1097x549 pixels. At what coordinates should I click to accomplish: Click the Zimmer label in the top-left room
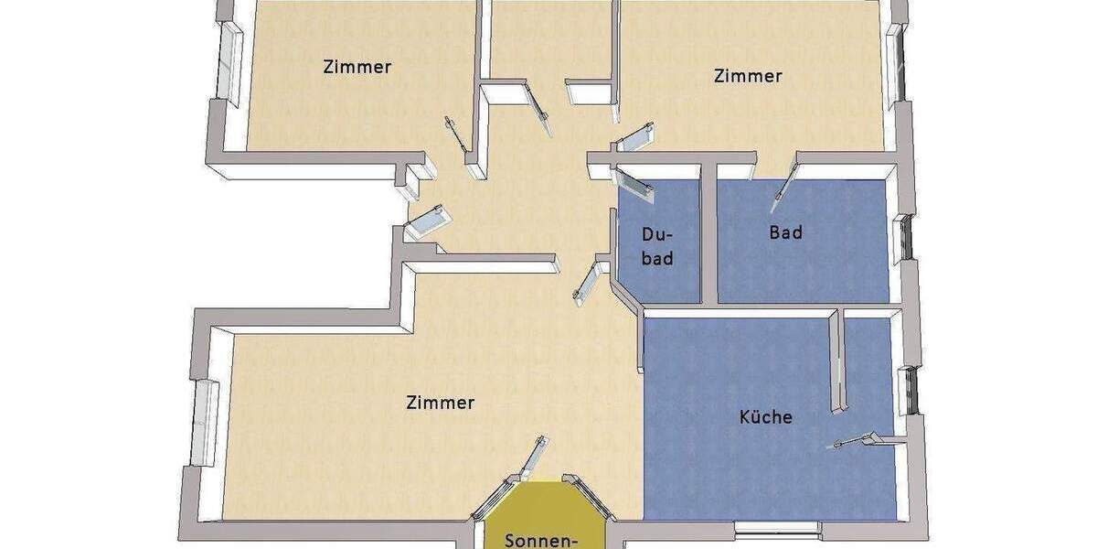coord(357,67)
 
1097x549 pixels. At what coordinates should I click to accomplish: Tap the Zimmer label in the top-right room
coord(747,76)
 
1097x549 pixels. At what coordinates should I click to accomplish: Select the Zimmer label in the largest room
coord(440,402)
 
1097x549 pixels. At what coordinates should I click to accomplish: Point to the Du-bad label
coord(656,246)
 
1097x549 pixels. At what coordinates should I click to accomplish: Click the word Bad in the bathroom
coord(785,232)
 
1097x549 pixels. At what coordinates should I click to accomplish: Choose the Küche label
coord(765,417)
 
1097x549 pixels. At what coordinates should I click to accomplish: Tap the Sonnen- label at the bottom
coord(541,539)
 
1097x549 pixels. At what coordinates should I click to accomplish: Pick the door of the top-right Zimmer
coord(636,138)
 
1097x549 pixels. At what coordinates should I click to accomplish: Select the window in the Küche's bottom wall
coord(776,528)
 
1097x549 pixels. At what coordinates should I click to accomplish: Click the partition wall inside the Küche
coord(836,361)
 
